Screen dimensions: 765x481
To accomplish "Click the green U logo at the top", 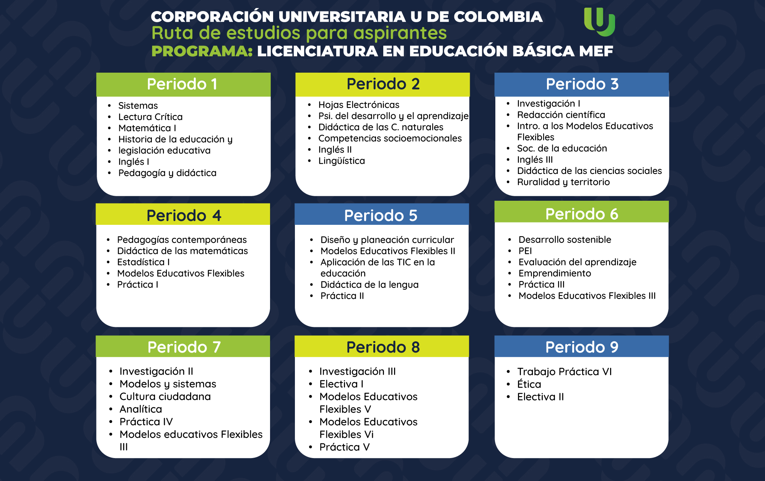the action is (x=599, y=22).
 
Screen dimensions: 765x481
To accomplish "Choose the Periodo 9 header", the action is (x=581, y=346).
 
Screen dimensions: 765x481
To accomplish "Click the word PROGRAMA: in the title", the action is (x=202, y=51).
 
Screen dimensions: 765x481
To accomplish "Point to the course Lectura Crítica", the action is (x=150, y=117).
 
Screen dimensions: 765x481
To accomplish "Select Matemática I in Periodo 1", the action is (x=147, y=128).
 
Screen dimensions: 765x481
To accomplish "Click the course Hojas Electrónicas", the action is (x=359, y=104).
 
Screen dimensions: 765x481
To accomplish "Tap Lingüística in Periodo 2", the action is (x=342, y=161).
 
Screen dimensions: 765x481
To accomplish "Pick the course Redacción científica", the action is (x=561, y=115).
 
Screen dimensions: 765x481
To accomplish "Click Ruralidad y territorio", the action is (x=563, y=182).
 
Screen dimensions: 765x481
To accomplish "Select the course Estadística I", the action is (x=143, y=262).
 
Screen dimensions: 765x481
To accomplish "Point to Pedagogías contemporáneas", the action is (x=182, y=240).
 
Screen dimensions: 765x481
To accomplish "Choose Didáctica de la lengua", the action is (x=369, y=284).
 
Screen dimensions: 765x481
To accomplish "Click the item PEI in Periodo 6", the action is (x=525, y=251).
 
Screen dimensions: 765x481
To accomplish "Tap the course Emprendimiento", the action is (x=555, y=273).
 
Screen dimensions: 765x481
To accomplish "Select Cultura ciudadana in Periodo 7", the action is (x=165, y=396).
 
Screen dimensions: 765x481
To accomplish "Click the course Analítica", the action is (x=141, y=409).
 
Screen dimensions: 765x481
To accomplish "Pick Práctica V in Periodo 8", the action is (x=345, y=447).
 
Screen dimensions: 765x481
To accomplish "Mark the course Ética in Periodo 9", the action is (x=529, y=383).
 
